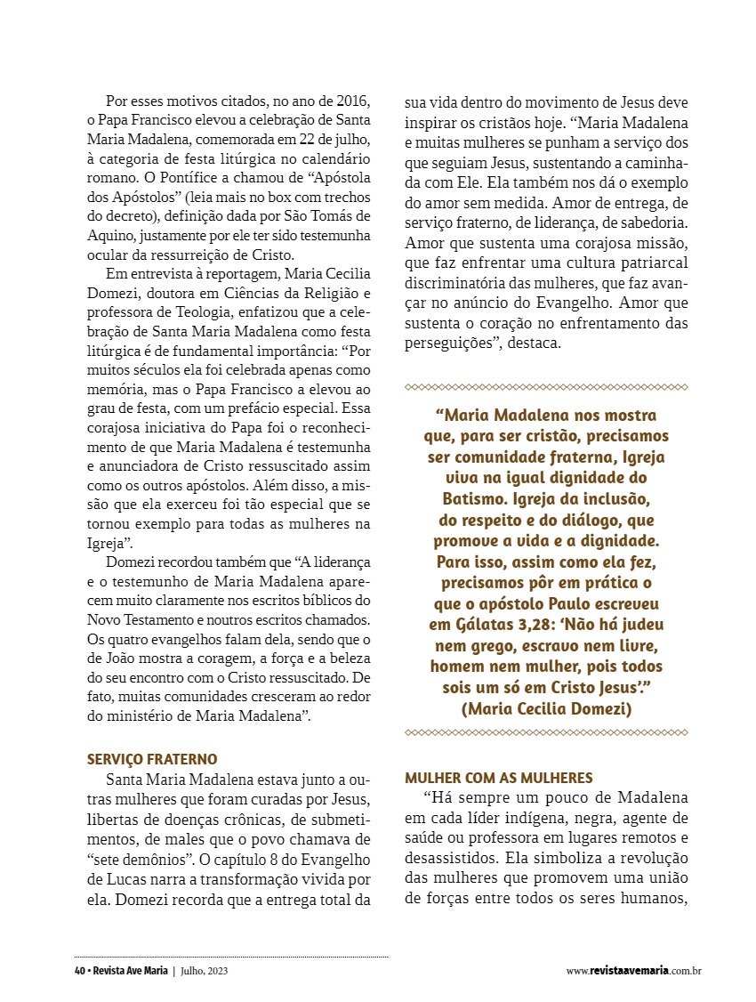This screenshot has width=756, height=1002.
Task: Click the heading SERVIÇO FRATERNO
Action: (152, 759)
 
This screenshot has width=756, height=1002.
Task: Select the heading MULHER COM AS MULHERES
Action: (499, 778)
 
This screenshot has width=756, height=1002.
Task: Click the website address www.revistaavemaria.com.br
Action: (633, 971)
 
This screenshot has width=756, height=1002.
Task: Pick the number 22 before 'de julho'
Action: (293, 140)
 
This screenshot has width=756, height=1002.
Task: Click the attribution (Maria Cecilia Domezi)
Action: (546, 708)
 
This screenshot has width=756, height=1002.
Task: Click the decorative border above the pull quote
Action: (546, 387)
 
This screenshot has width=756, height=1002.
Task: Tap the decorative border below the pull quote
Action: (546, 732)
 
